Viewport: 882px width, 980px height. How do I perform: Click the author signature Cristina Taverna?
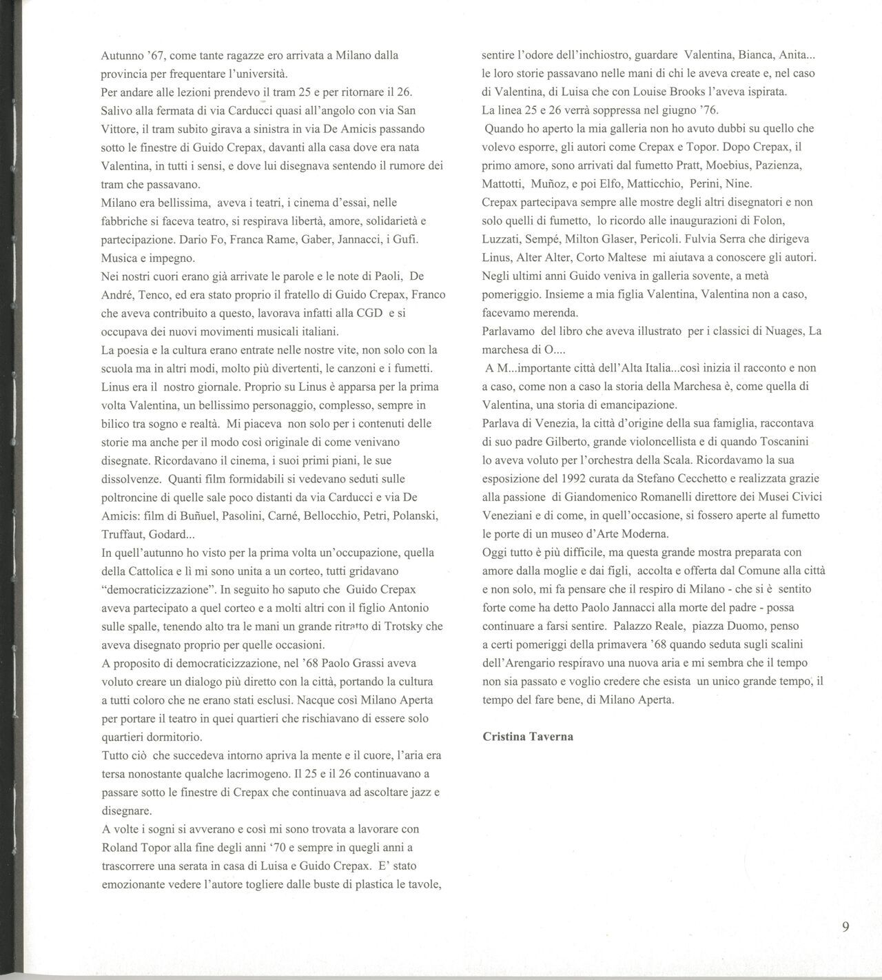[528, 737]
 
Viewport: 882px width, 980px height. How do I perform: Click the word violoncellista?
[658, 441]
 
